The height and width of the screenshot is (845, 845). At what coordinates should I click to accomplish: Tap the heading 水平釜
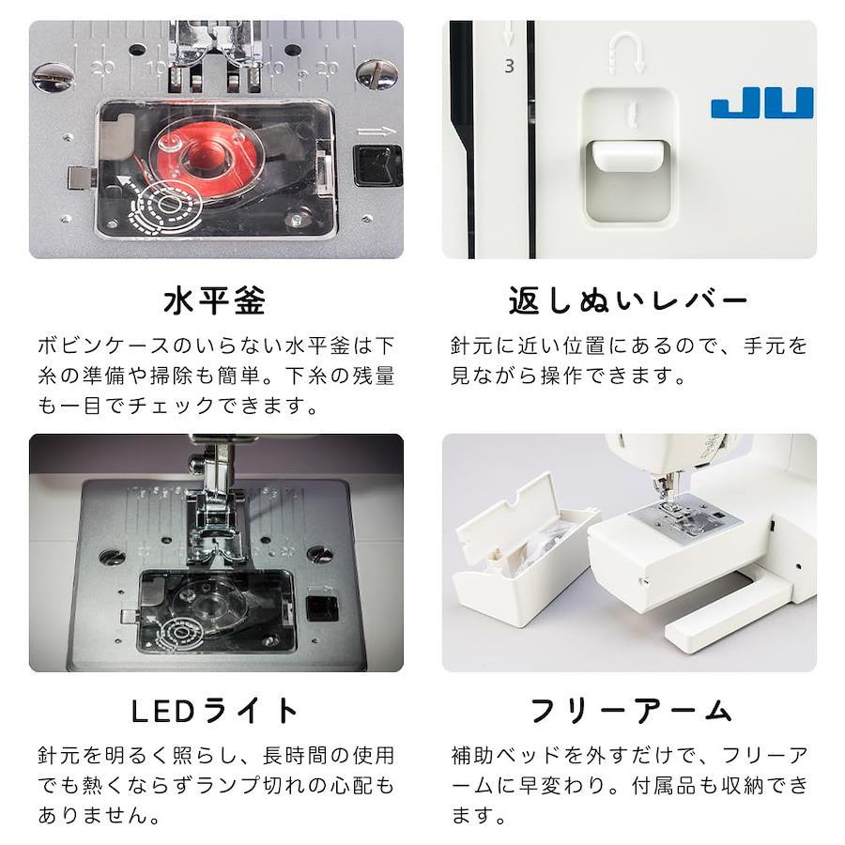(x=215, y=300)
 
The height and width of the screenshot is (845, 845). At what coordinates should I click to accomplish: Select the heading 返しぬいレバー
(x=628, y=300)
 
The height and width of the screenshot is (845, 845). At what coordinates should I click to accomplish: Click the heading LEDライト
(x=215, y=711)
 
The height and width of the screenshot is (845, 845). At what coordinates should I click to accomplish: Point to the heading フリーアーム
(x=630, y=711)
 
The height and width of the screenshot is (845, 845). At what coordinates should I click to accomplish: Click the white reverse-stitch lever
(x=627, y=156)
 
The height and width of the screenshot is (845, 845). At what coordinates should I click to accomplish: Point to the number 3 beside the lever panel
(x=509, y=67)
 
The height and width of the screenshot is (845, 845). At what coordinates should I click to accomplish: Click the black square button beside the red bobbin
(x=377, y=166)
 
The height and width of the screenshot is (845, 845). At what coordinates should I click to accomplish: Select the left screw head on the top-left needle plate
(x=53, y=78)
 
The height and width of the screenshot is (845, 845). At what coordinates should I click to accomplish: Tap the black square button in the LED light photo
(x=322, y=609)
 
